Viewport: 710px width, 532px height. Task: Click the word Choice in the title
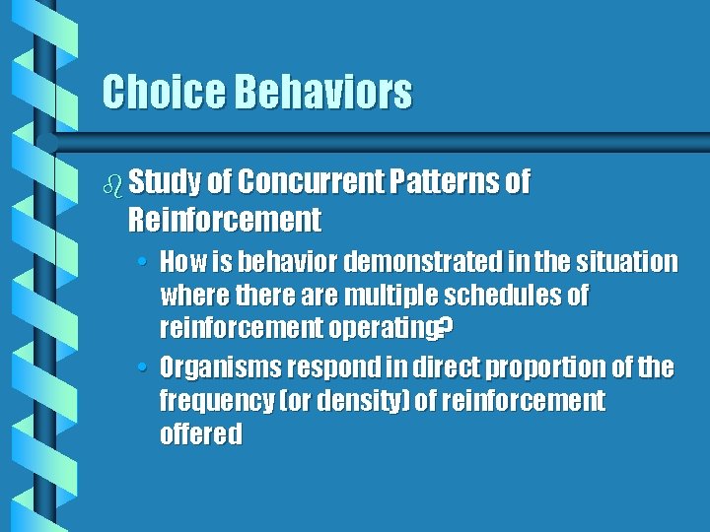(164, 93)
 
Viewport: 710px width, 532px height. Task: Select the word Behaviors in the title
(322, 93)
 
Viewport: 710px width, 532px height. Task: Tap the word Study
(165, 182)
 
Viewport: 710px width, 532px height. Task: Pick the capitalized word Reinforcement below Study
(224, 219)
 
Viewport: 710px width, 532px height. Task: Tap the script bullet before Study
(111, 183)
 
